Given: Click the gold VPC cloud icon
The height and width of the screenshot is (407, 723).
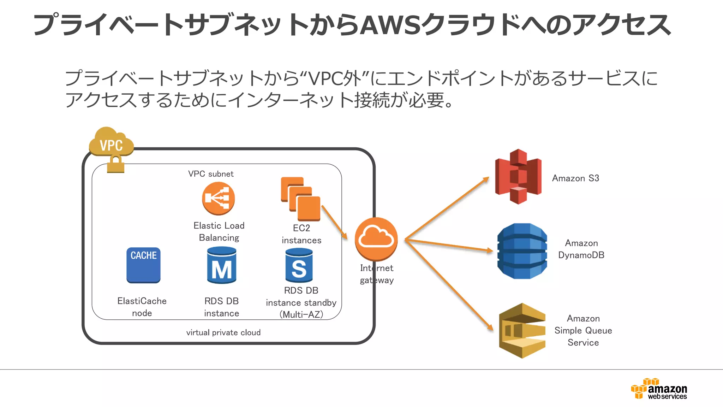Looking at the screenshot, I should pos(111,142).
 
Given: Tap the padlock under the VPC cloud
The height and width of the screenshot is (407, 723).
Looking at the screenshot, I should pos(115,164).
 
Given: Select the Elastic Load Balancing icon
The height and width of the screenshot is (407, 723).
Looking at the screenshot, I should pos(219,198).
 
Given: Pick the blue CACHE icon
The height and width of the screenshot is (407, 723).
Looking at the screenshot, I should pos(143,265).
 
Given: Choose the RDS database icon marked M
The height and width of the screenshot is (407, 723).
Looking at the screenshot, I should pos(222,266).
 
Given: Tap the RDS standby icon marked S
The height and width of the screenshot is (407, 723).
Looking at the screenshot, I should pos(299,266).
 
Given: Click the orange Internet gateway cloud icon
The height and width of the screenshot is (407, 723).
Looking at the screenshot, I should pos(376,239).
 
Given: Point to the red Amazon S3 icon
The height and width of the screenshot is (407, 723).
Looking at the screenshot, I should pos(518,176).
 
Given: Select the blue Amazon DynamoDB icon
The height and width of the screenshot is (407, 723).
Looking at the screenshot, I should pos(522,251).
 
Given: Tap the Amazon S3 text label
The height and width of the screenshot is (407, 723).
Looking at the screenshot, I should pos(575,178).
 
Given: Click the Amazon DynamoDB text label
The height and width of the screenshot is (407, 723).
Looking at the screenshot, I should pos(581,249).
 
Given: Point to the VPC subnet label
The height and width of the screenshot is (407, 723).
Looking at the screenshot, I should pos(211,174).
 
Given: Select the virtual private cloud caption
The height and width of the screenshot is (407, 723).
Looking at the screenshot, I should pos(223,332).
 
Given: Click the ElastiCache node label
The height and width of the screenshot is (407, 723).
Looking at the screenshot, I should pos(142,307).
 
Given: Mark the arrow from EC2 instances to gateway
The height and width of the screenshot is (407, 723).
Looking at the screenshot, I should pos(334,222).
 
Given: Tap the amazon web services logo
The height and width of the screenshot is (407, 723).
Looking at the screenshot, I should pos(659,389).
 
